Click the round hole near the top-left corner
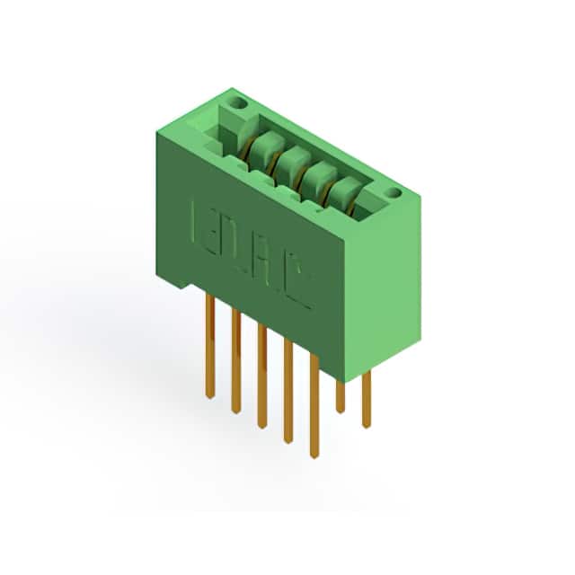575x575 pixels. tap(240, 104)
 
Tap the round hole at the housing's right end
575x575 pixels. tap(394, 192)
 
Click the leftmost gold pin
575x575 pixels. tap(209, 346)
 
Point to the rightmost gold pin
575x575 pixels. tap(366, 400)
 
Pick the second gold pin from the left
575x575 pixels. tap(236, 361)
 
